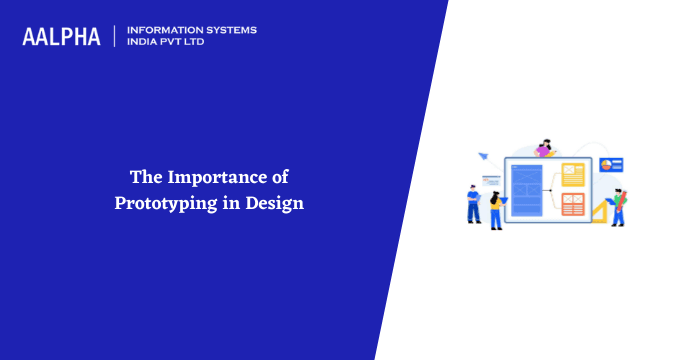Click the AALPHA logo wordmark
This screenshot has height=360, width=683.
tap(61, 37)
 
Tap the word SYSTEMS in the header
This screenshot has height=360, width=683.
tap(228, 30)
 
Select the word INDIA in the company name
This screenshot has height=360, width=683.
tap(145, 43)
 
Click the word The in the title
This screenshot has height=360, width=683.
tap(144, 178)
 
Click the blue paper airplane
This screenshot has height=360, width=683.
tap(483, 156)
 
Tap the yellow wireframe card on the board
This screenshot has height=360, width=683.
tap(572, 174)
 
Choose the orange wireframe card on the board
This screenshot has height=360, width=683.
tap(572, 204)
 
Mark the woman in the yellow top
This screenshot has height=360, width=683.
tap(495, 209)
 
